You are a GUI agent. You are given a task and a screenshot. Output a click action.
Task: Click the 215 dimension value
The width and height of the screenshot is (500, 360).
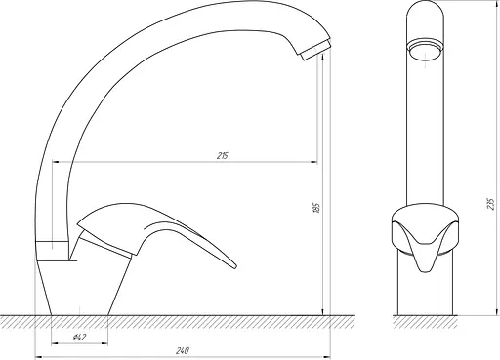click(x=223, y=156)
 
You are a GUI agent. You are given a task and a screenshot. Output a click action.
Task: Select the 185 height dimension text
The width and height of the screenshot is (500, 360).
click(x=316, y=208)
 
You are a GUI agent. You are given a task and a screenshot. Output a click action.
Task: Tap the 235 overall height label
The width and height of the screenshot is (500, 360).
click(x=491, y=204)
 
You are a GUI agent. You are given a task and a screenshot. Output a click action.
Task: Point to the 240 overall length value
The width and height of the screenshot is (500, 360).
click(x=183, y=351)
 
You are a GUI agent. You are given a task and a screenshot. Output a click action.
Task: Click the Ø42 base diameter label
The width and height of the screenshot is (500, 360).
click(x=79, y=338)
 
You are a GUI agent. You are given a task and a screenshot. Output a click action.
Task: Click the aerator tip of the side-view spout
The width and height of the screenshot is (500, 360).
click(x=315, y=50)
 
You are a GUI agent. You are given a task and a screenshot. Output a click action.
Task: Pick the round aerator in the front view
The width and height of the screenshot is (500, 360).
click(x=425, y=50)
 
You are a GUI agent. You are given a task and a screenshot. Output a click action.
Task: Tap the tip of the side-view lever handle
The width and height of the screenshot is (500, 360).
click(x=234, y=266)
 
